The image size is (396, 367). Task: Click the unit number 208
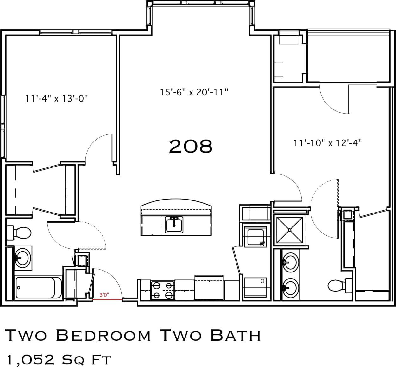click(191, 147)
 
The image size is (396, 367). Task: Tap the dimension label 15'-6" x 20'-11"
click(194, 92)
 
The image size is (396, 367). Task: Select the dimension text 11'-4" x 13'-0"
click(56, 99)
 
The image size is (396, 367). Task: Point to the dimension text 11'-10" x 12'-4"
click(328, 143)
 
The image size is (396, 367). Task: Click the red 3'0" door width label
click(104, 295)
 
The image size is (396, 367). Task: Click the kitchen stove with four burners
click(163, 290)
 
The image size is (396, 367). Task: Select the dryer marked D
click(255, 287)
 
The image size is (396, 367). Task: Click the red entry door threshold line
click(107, 299)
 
